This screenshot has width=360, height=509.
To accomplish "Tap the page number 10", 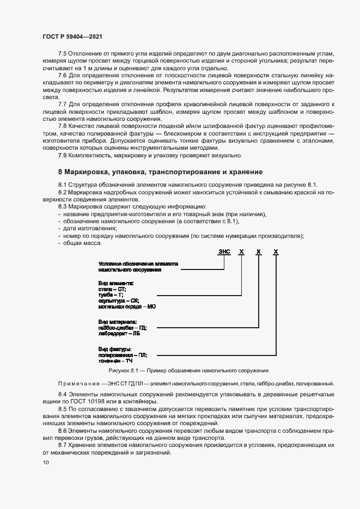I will (45, 463).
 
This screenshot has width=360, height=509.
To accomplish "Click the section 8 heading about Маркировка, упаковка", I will (160, 171).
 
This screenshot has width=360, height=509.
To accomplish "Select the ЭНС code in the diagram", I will (224, 252).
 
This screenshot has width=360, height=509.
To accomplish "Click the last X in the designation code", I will (276, 252).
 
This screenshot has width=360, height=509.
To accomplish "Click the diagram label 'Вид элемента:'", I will (116, 284).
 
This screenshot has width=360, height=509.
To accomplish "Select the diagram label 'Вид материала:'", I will (118, 322).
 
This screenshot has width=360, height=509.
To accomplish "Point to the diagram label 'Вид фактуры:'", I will (115, 349).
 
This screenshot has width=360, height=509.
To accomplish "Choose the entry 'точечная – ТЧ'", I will (115, 360).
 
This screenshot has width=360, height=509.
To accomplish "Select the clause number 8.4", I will (63, 393).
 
